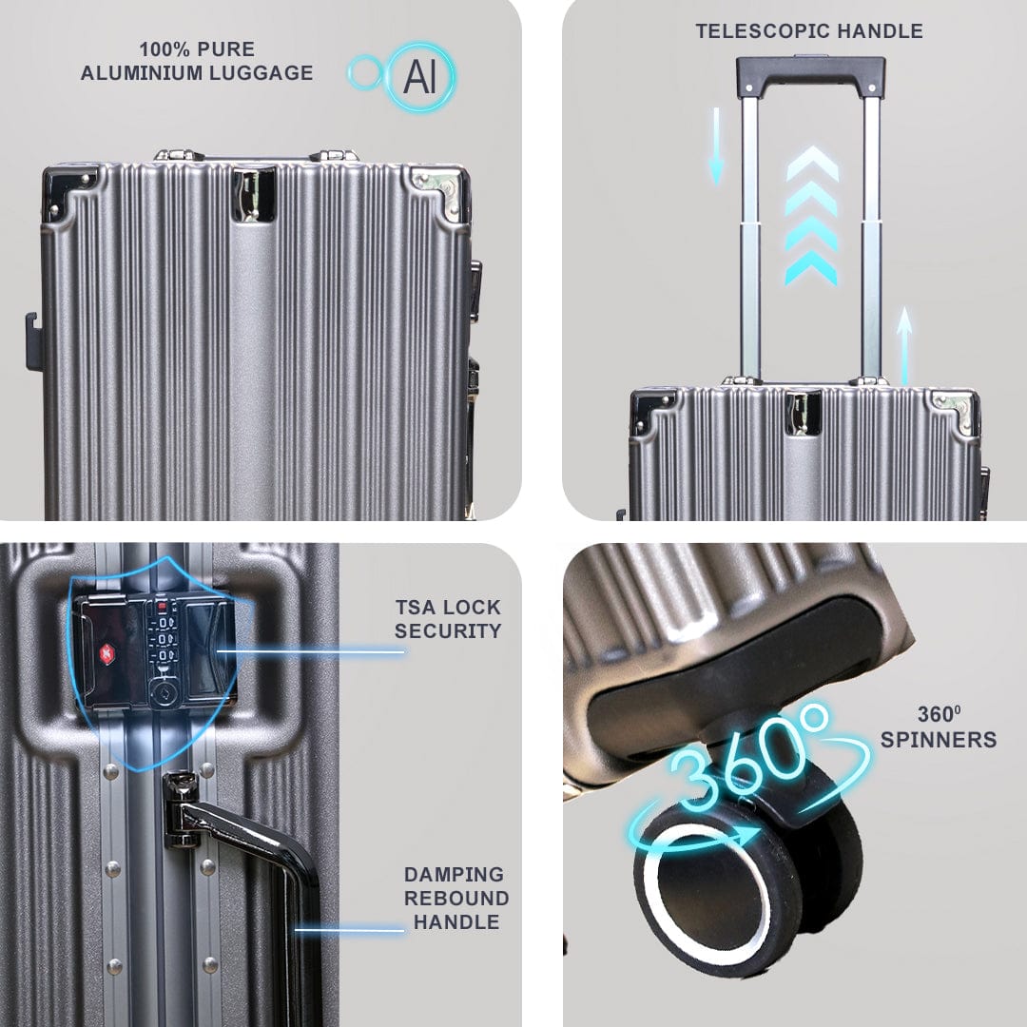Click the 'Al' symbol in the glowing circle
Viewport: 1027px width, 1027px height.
pyautogui.click(x=419, y=77)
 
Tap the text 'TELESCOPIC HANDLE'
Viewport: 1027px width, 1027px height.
pyautogui.click(x=808, y=30)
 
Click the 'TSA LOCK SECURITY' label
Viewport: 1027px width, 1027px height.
pyautogui.click(x=448, y=618)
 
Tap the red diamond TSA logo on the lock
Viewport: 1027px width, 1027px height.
pyautogui.click(x=105, y=653)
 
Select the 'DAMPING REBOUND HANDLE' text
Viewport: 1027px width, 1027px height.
pyautogui.click(x=455, y=898)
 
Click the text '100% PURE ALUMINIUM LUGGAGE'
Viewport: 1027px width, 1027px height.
pyautogui.click(x=197, y=61)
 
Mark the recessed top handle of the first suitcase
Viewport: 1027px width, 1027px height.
pyautogui.click(x=253, y=194)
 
